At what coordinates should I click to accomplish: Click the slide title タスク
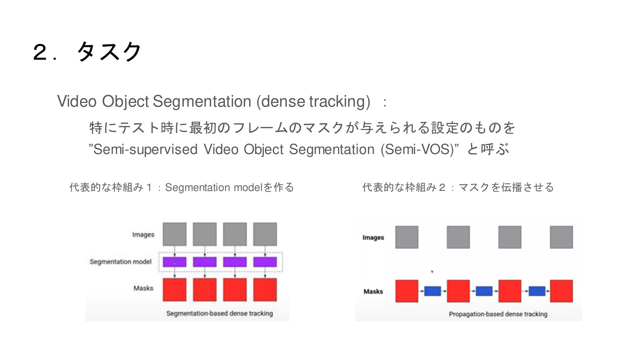[109, 52]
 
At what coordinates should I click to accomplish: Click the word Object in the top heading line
[125, 101]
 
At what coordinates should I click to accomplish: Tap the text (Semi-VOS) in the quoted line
[420, 149]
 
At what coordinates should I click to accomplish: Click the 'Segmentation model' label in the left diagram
[121, 262]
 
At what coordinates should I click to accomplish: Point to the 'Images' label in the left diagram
[143, 234]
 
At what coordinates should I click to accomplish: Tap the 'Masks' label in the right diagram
[373, 291]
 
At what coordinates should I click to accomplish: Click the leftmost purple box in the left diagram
[174, 262]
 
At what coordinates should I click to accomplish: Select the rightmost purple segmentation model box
[265, 262]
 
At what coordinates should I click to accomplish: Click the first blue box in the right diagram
[432, 291]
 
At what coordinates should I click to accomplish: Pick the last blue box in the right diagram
[537, 291]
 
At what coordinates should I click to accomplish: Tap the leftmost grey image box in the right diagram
[407, 237]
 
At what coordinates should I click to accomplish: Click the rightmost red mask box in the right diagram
[561, 291]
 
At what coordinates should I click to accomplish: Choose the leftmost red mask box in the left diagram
[174, 290]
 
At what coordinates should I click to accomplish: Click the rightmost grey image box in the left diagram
[265, 234]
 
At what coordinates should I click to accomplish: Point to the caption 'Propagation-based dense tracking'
[498, 314]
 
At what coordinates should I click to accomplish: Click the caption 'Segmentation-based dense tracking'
[220, 313]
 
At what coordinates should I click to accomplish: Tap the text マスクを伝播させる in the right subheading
[506, 187]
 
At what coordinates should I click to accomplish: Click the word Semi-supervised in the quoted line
[145, 149]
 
